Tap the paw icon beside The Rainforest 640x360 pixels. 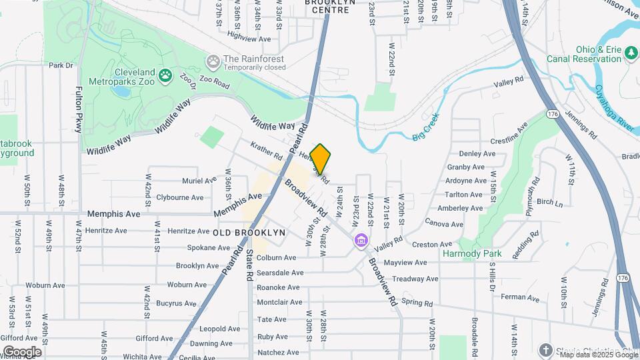tap(213, 62)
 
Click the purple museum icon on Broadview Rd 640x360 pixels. tap(361, 240)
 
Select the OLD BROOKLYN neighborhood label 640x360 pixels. tap(249, 233)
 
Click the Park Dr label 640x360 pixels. tap(60, 65)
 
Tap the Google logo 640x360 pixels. tap(22, 351)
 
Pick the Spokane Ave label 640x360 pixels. tap(190, 247)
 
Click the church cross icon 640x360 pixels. tap(545, 351)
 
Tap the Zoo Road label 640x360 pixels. tap(213, 86)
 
